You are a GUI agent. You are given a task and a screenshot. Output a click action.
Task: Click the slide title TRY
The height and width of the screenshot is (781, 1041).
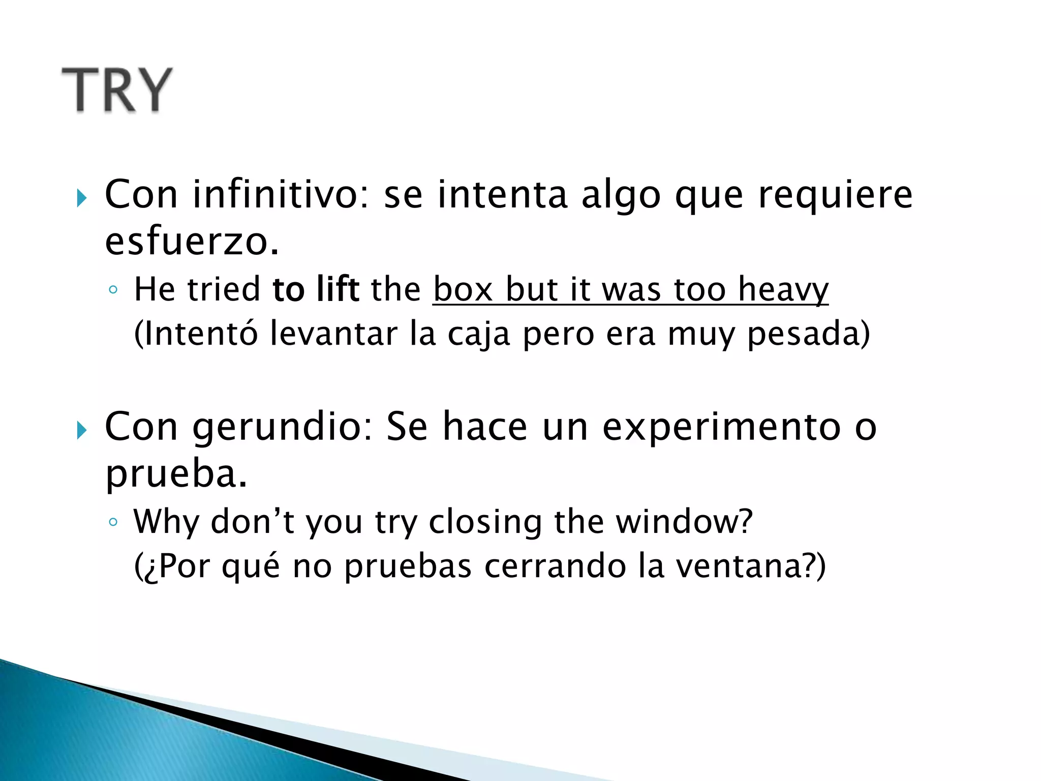[117, 90]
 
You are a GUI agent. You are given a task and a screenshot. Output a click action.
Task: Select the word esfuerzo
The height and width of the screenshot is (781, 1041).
[192, 242]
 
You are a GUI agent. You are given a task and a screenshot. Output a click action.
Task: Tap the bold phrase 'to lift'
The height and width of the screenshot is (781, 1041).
[316, 289]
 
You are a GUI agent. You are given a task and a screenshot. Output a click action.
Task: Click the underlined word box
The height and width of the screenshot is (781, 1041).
[463, 289]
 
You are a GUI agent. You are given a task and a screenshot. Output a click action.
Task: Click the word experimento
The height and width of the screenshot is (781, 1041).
[721, 427]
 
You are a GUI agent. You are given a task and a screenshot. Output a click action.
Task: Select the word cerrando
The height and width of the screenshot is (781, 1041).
[555, 566]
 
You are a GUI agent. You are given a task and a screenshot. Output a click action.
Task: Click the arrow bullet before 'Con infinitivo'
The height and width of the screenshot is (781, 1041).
[82, 198]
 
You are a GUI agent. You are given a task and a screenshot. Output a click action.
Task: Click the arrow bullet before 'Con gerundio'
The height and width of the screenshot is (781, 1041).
[82, 430]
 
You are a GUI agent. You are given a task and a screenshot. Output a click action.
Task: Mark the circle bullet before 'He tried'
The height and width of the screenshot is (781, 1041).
[113, 290]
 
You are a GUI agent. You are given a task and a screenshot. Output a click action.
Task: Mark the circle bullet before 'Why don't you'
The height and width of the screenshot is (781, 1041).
[113, 522]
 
